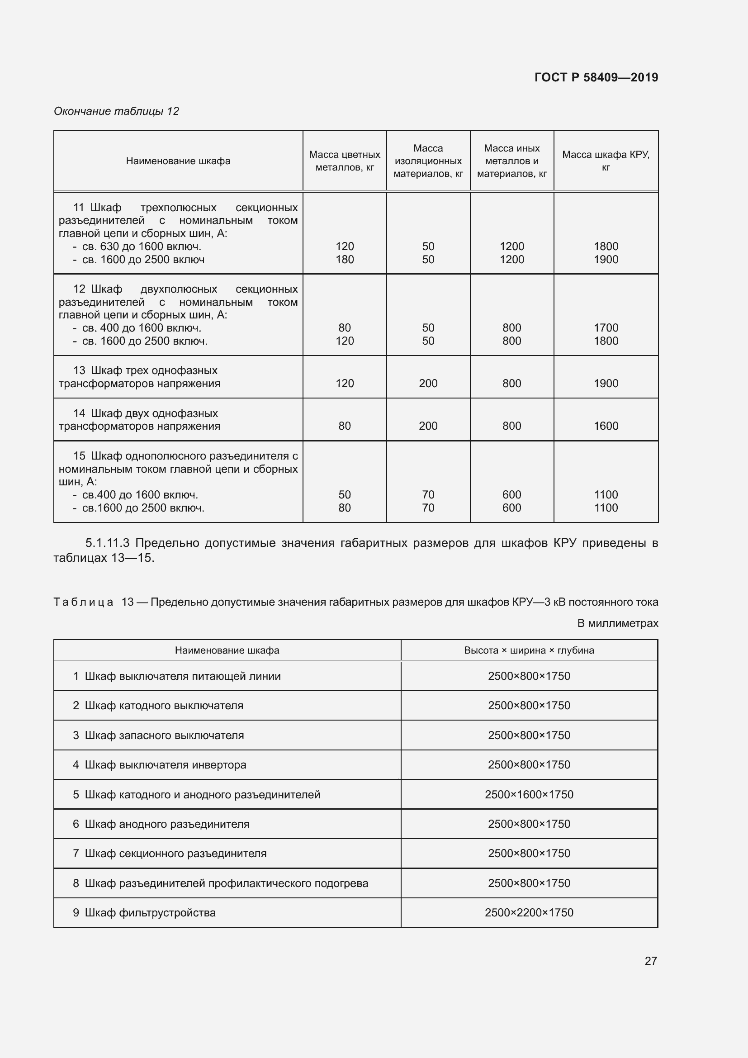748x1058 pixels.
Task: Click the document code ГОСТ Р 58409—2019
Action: pyautogui.click(x=596, y=77)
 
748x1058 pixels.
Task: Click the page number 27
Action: pyautogui.click(x=650, y=961)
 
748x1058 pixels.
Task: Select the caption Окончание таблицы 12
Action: pyautogui.click(x=116, y=111)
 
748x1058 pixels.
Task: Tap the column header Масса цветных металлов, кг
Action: pyautogui.click(x=344, y=161)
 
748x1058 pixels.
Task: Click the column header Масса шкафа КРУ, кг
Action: pyautogui.click(x=605, y=161)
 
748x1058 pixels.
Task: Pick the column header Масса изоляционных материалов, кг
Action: pyautogui.click(x=428, y=161)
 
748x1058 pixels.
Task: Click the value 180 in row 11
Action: pyautogui.click(x=345, y=260)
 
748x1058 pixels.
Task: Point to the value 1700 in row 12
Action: pyautogui.click(x=605, y=327)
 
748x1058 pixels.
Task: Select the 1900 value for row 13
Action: pyautogui.click(x=605, y=384)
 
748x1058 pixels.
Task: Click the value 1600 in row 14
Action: pyautogui.click(x=605, y=426)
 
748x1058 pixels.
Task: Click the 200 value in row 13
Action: pyautogui.click(x=428, y=384)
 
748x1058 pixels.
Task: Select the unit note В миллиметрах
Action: pyautogui.click(x=617, y=623)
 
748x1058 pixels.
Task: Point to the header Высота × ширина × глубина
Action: pyautogui.click(x=529, y=650)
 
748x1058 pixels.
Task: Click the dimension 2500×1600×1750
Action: pyautogui.click(x=529, y=794)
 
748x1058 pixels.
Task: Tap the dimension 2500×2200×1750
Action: pyautogui.click(x=529, y=912)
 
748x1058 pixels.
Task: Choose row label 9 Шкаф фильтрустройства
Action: pyautogui.click(x=144, y=912)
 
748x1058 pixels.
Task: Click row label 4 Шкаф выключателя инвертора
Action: pyautogui.click(x=159, y=764)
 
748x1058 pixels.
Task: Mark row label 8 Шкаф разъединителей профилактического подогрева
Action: pyautogui.click(x=220, y=883)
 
